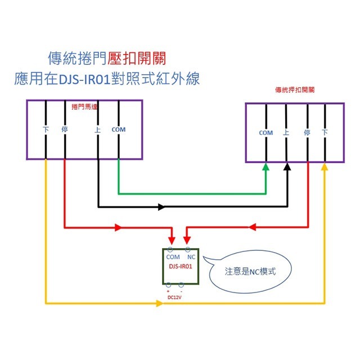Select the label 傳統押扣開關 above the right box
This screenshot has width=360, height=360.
pyautogui.click(x=294, y=89)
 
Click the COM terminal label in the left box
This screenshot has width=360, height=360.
pyautogui.click(x=119, y=129)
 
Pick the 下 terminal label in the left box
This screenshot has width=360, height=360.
pyautogui.click(x=46, y=129)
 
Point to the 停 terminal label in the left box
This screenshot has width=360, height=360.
pyautogui.click(x=65, y=129)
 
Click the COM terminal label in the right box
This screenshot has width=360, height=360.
pyautogui.click(x=265, y=133)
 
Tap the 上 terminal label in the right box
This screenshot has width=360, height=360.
pyautogui.click(x=286, y=133)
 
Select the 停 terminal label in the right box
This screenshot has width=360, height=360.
pyautogui.click(x=307, y=133)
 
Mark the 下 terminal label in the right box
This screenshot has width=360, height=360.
pyautogui.click(x=325, y=133)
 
